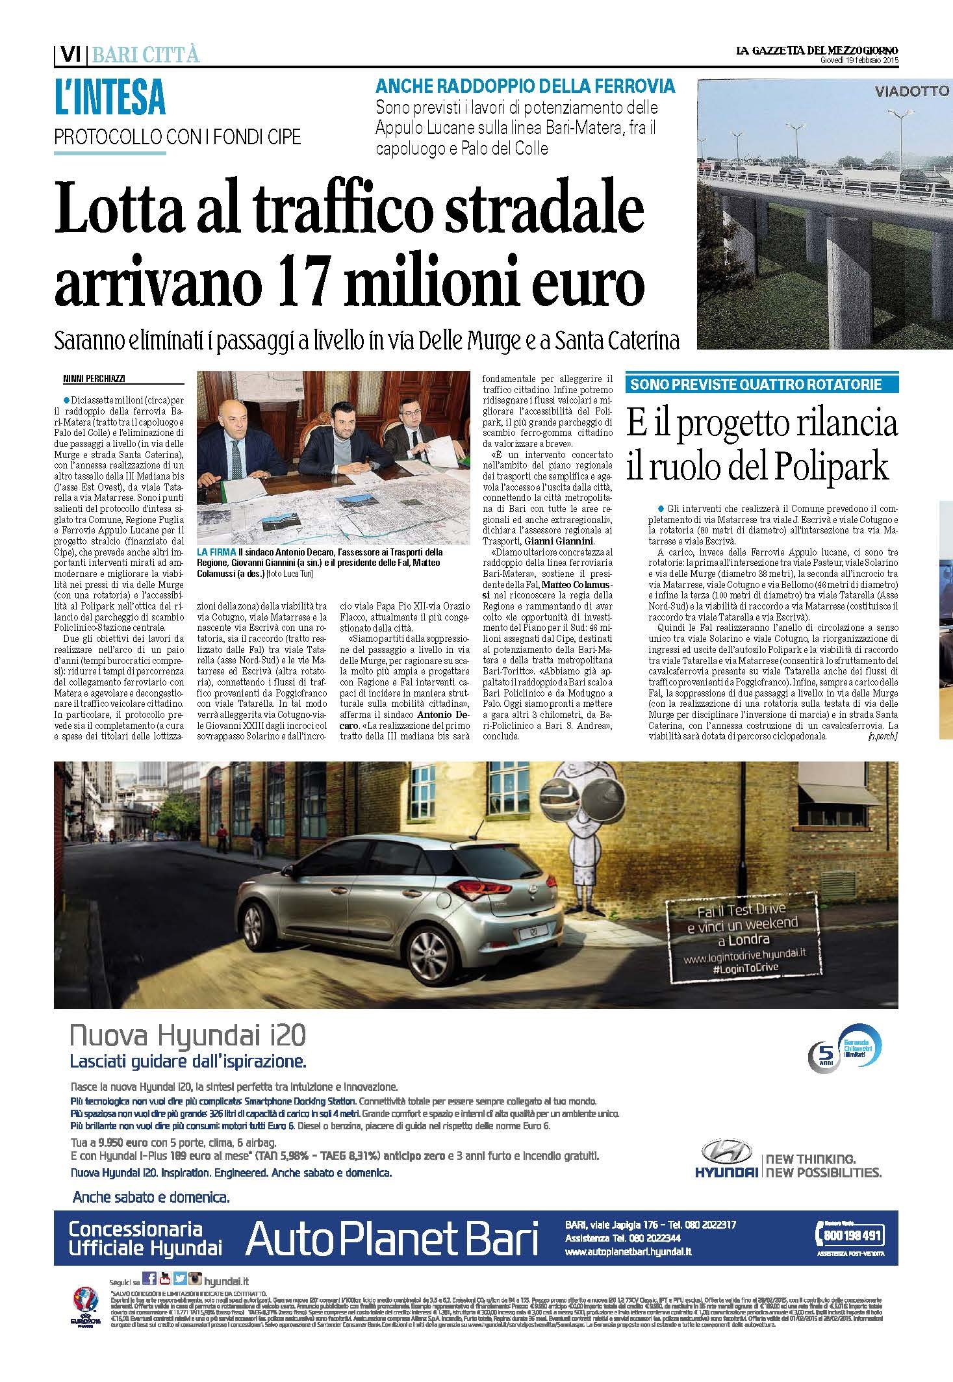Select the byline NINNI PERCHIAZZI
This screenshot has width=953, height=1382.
tap(89, 377)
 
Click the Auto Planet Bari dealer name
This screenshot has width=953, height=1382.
tap(392, 1239)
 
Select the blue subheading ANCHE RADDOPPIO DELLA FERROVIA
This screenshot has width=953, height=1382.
tap(526, 86)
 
